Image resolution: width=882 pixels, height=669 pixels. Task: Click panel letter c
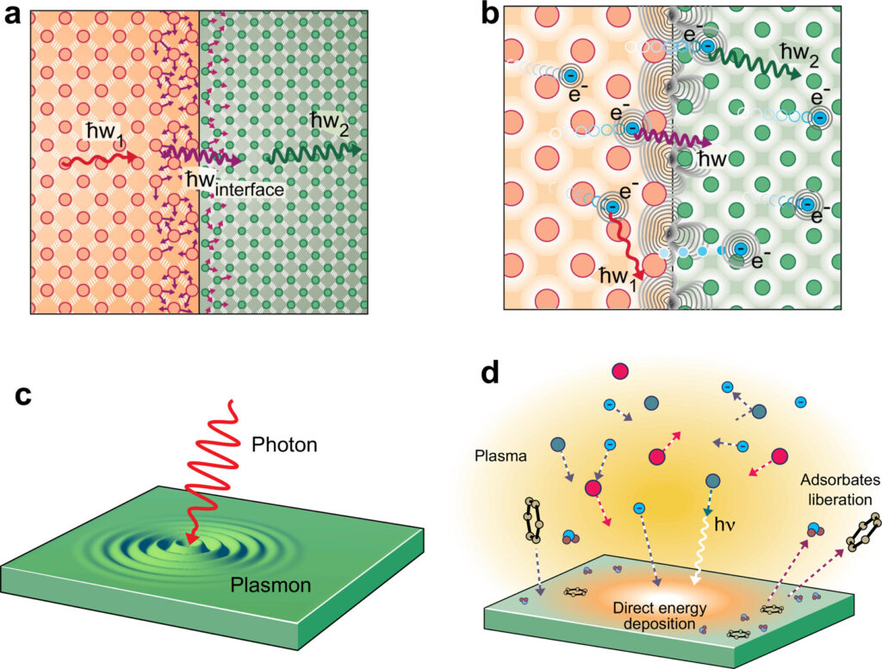click(26, 398)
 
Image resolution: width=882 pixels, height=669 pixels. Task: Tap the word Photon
click(285, 445)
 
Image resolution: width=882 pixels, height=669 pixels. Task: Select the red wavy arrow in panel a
click(99, 160)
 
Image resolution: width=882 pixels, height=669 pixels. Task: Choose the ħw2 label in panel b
click(800, 52)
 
